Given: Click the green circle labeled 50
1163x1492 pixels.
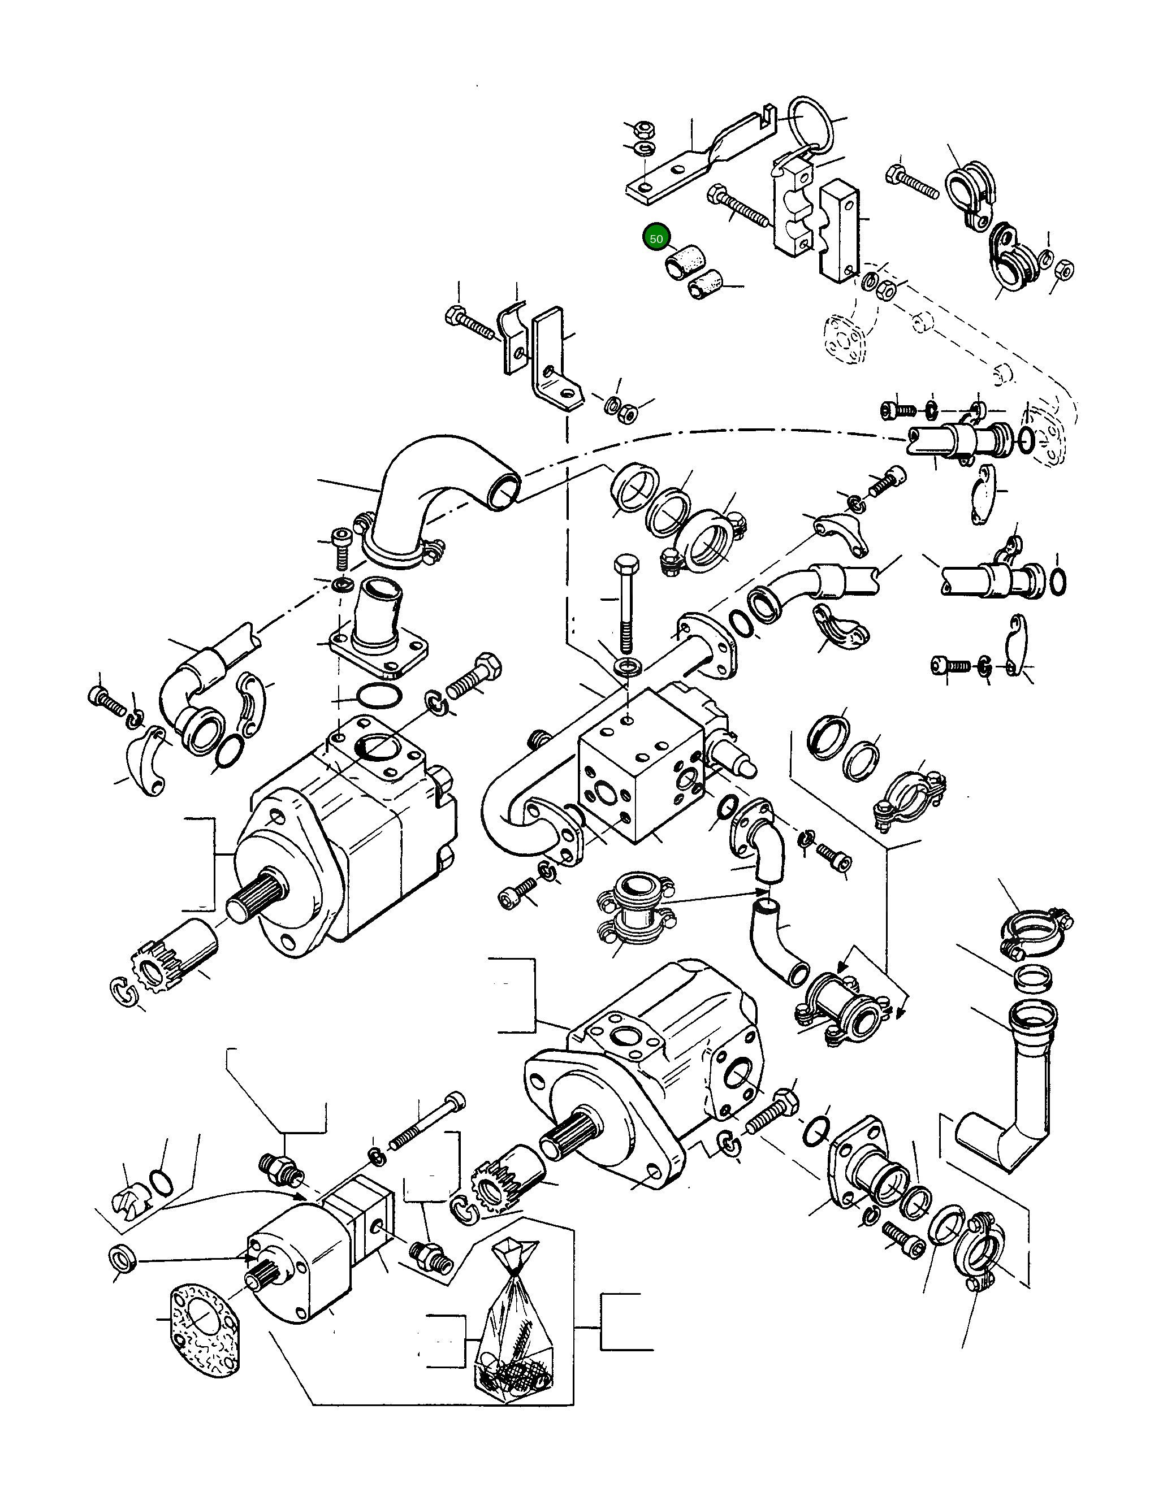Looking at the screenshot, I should click(x=656, y=238).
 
